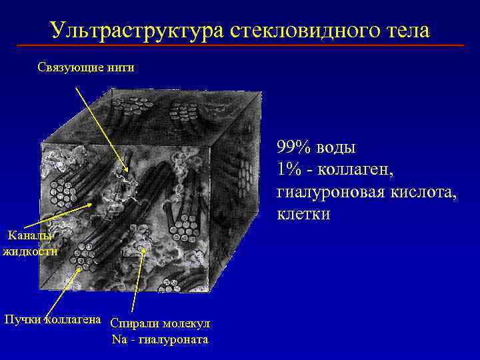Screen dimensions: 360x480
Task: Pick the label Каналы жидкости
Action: [x=30, y=243]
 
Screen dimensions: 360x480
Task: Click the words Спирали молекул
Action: [x=160, y=323]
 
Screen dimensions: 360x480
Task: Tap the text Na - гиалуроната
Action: [x=160, y=340]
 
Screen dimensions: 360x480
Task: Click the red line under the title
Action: [x=240, y=45]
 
